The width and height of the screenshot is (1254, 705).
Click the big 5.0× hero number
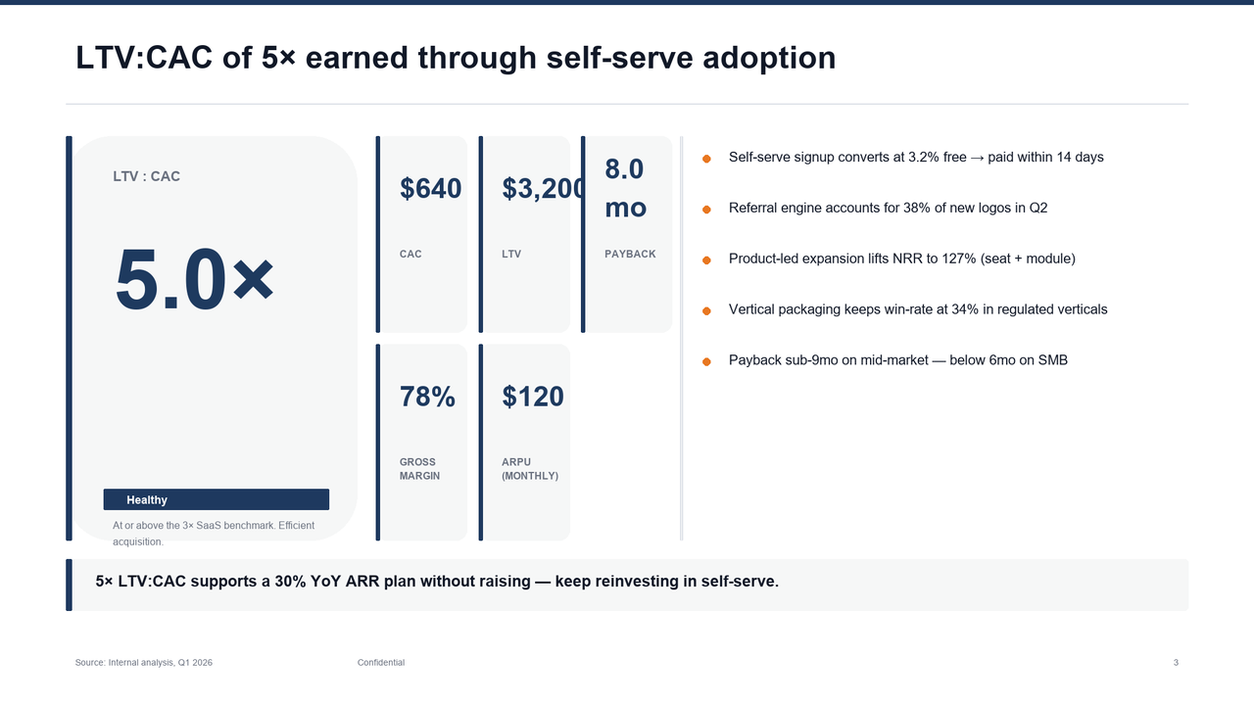tap(194, 279)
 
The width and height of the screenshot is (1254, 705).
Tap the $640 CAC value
tap(430, 189)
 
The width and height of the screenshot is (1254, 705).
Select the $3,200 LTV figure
tap(544, 189)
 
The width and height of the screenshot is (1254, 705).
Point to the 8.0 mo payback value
tap(625, 188)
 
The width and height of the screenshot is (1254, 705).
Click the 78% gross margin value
tap(427, 397)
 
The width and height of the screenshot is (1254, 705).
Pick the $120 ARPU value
tap(533, 397)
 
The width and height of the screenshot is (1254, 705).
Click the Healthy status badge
tap(216, 499)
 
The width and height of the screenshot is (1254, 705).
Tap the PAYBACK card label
tap(630, 255)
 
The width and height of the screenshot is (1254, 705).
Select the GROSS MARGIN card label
tap(419, 469)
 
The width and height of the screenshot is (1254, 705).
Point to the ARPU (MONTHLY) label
tap(529, 469)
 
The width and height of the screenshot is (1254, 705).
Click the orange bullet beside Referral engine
tap(706, 209)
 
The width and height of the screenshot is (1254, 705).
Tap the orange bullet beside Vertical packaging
tap(706, 310)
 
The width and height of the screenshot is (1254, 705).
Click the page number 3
tap(1176, 663)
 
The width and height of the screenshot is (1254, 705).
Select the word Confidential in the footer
tap(381, 663)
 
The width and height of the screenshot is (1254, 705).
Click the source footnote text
tap(144, 663)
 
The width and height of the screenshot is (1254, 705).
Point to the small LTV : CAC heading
tap(147, 177)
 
